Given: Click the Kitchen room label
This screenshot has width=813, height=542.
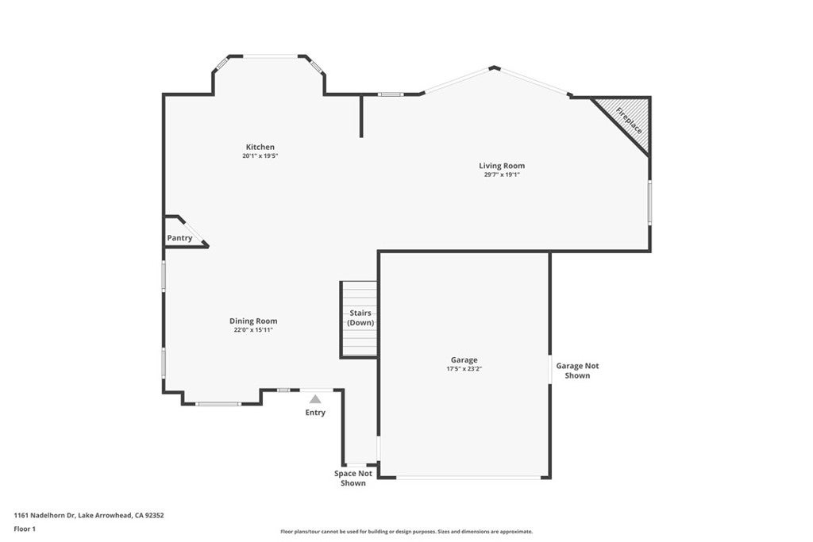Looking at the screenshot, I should click(260, 147).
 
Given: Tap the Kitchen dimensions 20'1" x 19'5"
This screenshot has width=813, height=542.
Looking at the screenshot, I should click(260, 156).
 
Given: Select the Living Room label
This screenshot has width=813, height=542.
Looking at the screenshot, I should click(502, 166).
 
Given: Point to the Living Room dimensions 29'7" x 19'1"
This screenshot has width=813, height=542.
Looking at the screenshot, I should click(502, 175).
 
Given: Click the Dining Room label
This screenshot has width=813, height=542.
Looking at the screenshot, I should click(253, 321).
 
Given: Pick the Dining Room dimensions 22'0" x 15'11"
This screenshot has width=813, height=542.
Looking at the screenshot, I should click(253, 330).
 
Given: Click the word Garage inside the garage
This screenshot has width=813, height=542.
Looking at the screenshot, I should click(464, 359).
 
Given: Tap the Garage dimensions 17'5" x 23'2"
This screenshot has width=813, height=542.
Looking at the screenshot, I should click(464, 369).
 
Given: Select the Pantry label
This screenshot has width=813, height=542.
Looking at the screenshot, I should click(179, 238).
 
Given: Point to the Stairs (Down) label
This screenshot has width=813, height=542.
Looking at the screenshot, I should click(360, 317).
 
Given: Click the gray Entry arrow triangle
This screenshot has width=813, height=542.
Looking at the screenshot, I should click(315, 399).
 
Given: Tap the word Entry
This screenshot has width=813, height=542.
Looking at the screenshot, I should click(315, 413).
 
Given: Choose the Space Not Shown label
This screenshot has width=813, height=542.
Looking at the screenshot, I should click(353, 478).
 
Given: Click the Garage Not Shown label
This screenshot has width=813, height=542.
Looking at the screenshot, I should click(577, 371).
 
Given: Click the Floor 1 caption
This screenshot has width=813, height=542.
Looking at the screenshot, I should click(25, 529).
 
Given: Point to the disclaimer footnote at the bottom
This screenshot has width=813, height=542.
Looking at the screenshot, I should click(406, 532).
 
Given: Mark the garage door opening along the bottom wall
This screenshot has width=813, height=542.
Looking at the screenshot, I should click(467, 477).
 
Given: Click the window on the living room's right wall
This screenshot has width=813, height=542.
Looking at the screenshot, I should click(649, 202).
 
